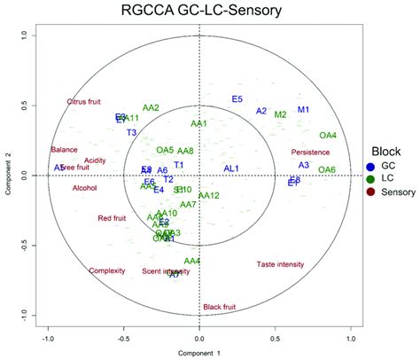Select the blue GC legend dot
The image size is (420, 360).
coord(369,167)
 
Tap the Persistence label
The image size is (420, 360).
coord(309,153)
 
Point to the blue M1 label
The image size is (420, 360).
coord(303,110)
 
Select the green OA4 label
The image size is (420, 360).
coord(328,136)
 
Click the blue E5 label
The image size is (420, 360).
coord(237,98)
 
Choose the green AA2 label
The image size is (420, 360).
coord(151,108)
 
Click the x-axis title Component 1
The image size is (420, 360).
coord(199,353)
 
